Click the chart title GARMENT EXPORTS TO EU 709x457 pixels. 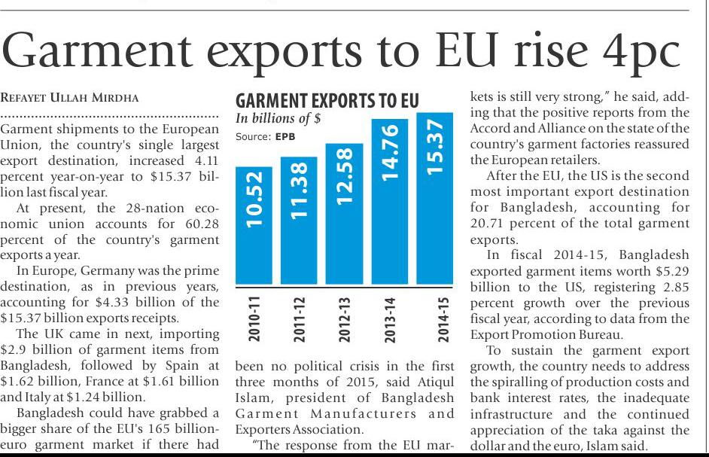pos(327,102)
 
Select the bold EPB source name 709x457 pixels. pos(285,137)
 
